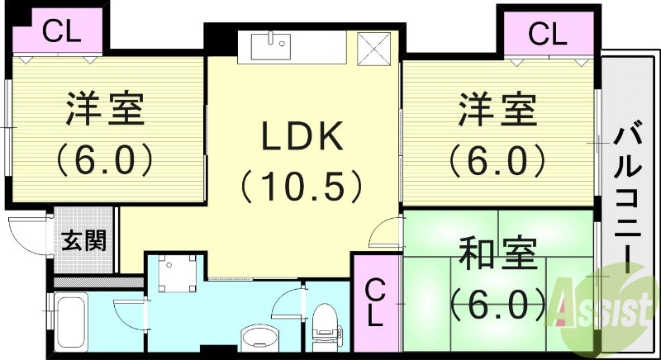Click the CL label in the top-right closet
pyautogui.click(x=548, y=34)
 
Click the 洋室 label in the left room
pyautogui.click(x=105, y=110)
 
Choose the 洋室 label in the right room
pyautogui.click(x=497, y=110)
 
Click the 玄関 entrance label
pyautogui.click(x=84, y=241)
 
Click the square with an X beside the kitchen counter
pyautogui.click(x=374, y=48)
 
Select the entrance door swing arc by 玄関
pyautogui.click(x=23, y=235)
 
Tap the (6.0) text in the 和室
pyautogui.click(x=497, y=304)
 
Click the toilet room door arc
pyautogui.click(x=288, y=304)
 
